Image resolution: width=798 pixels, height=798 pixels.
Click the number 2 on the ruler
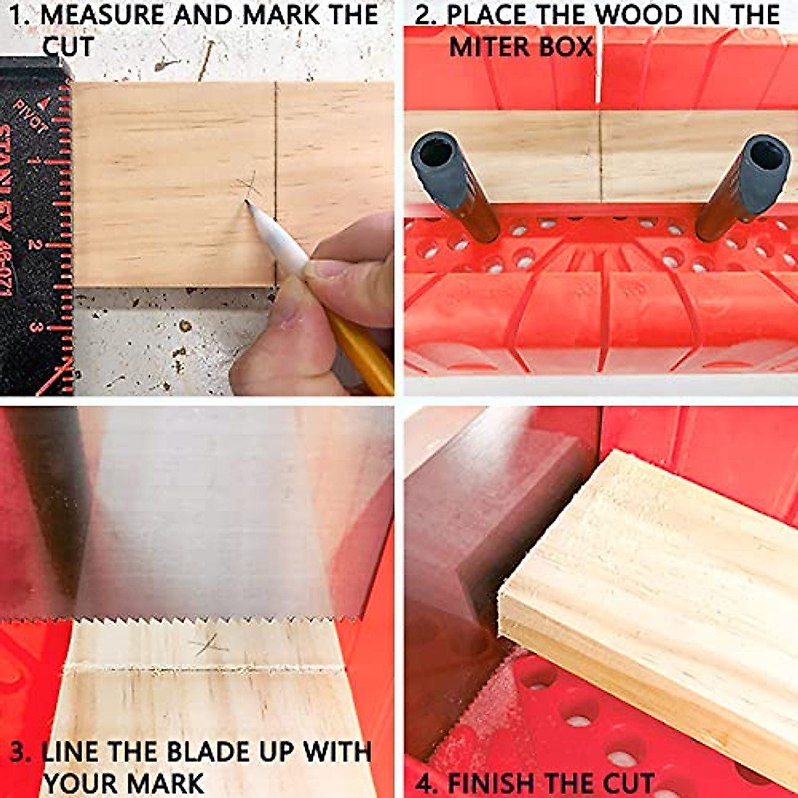33,245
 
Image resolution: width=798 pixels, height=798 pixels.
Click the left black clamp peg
455,183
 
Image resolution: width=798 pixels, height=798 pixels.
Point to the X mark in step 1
247,186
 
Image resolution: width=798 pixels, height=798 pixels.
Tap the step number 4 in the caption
426,783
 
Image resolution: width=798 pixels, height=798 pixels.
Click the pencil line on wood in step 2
600,156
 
